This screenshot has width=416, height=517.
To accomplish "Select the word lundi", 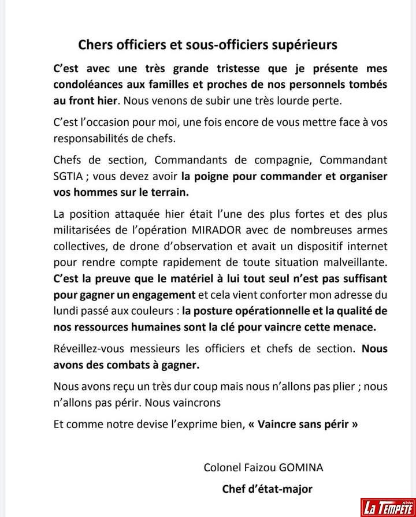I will point(66,310).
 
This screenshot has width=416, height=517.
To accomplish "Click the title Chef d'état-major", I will point(267,489).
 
